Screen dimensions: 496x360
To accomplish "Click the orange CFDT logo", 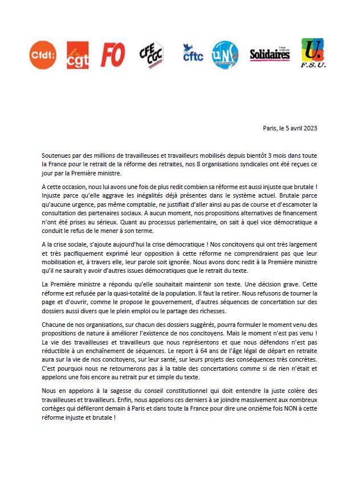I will coord(43,55).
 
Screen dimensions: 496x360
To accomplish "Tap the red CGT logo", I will coord(77,55).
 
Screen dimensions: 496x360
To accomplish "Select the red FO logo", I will coord(113,55).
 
